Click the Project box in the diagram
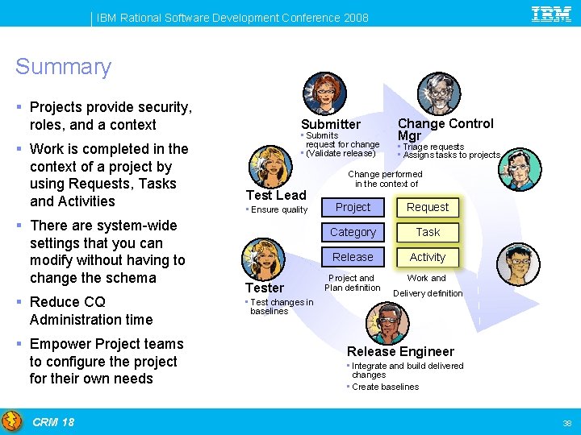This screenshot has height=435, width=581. coord(353,207)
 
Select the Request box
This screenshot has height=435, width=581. coord(428,207)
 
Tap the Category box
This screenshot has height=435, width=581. coord(353,232)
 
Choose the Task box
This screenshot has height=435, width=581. coord(428,232)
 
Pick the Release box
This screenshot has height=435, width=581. coord(353,257)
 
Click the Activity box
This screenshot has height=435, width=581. coord(428,257)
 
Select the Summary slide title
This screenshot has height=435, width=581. coord(63,67)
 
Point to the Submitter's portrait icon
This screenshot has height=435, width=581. coord(324,93)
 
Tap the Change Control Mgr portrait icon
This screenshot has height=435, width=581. coord(439,93)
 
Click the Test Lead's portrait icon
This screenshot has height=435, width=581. coord(269,167)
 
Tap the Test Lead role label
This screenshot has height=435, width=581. coord(276,195)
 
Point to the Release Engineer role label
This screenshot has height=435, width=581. coord(400,351)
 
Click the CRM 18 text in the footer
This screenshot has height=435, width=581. coord(53,422)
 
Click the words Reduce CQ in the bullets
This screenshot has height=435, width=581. coord(67,302)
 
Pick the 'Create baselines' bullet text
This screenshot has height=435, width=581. coord(385,387)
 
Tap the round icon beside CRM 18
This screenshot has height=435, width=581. coord(12,421)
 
